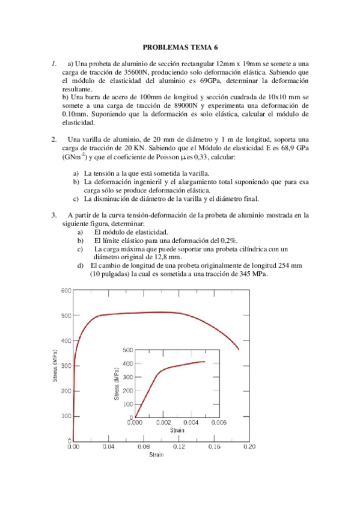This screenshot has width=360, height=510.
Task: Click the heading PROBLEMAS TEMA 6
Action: (x=180, y=46)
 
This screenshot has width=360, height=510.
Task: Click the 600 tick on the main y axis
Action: (x=66, y=290)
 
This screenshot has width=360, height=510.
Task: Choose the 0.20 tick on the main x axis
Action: (x=249, y=447)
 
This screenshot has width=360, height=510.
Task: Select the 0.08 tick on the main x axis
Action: (x=144, y=447)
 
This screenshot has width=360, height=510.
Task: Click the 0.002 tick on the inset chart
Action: (x=163, y=423)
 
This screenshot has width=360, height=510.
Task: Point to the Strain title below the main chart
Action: (x=157, y=455)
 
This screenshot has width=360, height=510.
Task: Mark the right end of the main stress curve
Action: (x=239, y=349)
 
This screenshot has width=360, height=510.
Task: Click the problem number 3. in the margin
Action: (x=54, y=214)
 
